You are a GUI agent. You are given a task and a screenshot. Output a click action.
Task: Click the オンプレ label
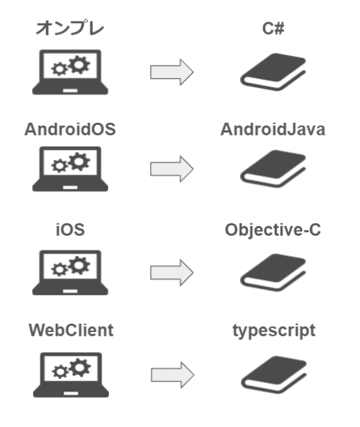coord(70,28)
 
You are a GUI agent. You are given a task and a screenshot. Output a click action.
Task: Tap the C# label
coord(273,29)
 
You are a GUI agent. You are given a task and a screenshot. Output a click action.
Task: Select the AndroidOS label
coord(70,129)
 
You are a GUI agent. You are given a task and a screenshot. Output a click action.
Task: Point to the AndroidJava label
coord(273,129)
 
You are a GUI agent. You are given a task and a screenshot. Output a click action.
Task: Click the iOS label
coord(70,230)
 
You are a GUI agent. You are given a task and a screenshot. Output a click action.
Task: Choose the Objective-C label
coord(273,230)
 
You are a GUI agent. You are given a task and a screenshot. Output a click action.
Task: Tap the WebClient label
coord(71,330)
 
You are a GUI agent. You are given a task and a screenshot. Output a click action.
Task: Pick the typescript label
coord(274,331)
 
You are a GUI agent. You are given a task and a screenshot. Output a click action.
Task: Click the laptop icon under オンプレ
coord(70,72)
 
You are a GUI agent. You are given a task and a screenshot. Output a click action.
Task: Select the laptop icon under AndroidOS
coord(70,169)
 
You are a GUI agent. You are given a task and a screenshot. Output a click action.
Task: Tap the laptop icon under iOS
coord(70,272)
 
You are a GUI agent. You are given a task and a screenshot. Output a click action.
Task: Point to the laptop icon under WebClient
coord(71,375)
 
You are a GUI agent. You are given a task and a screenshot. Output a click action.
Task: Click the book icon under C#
coord(273,72)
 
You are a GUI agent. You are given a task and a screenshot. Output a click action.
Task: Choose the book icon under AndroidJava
coord(273,169)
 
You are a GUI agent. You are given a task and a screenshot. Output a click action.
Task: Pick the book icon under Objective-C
coord(273,272)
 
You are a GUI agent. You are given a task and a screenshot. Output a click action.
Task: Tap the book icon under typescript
coord(274,375)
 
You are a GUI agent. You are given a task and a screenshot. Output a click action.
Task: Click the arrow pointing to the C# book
coord(172,72)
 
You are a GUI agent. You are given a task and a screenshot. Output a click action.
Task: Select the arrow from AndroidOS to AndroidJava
coord(172,169)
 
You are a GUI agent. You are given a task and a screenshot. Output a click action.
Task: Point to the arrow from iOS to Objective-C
coord(172,273)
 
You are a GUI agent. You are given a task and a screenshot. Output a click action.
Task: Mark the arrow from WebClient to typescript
coord(172,375)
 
